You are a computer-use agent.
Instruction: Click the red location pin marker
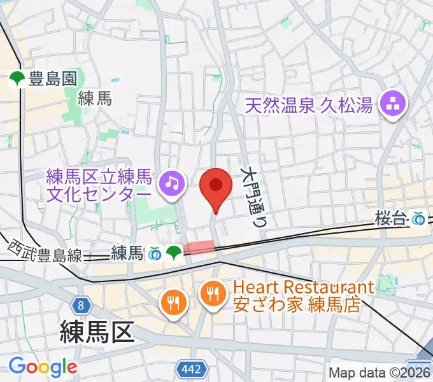point(215,187)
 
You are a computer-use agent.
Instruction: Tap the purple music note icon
point(171,183)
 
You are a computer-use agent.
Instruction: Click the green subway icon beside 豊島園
point(17,79)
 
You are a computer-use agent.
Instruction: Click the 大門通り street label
point(255,197)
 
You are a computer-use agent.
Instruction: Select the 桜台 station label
point(391,218)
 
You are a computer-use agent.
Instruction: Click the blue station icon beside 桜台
point(418,219)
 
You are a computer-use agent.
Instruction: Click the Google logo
point(42,367)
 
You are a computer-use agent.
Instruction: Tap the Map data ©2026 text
point(380,372)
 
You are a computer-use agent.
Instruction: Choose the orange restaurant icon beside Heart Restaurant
point(211,294)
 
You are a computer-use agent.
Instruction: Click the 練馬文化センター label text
point(100,184)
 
